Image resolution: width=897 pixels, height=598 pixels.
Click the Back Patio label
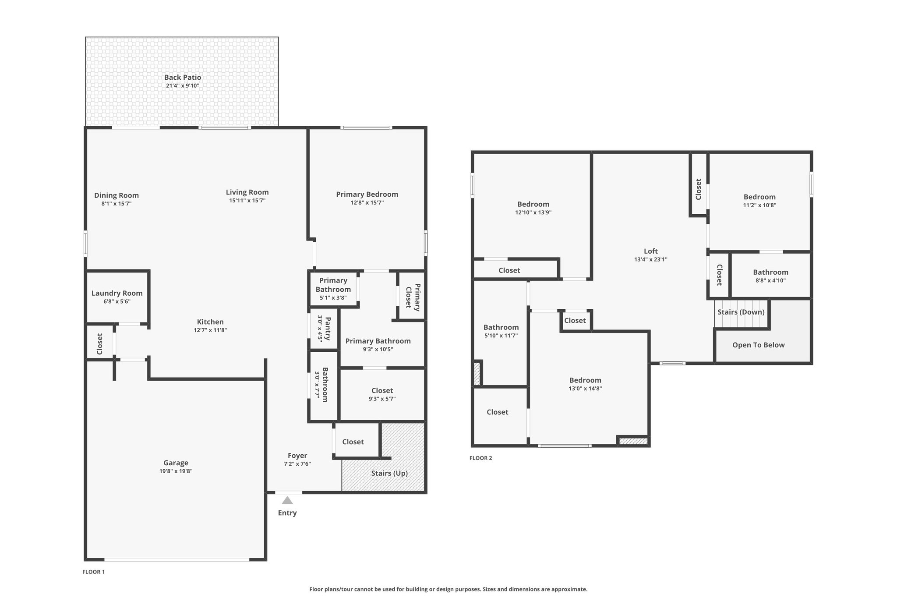183,78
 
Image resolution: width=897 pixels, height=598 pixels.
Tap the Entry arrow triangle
287,500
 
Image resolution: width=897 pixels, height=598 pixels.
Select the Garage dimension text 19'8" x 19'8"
176,471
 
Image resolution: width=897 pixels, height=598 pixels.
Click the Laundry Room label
117,293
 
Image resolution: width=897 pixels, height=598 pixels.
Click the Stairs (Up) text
389,473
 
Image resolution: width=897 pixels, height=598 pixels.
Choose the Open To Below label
758,345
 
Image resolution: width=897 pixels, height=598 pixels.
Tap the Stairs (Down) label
741,312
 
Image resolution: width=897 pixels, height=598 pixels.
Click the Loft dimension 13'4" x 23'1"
650,259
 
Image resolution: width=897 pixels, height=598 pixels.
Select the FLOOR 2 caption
480,458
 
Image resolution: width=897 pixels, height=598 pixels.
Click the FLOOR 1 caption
93,572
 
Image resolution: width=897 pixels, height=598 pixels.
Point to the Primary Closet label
413,297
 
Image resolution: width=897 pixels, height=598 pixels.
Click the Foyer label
297,456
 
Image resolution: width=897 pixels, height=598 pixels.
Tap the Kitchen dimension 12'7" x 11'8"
210,330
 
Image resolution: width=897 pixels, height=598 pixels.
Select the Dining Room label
116,195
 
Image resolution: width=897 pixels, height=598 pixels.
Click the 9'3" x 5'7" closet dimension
382,399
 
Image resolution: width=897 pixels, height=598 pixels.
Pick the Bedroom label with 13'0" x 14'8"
585,380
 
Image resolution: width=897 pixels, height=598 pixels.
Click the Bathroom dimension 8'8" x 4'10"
770,280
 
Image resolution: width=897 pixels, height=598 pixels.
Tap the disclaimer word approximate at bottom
570,589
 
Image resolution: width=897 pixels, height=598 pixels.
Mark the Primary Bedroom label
367,194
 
